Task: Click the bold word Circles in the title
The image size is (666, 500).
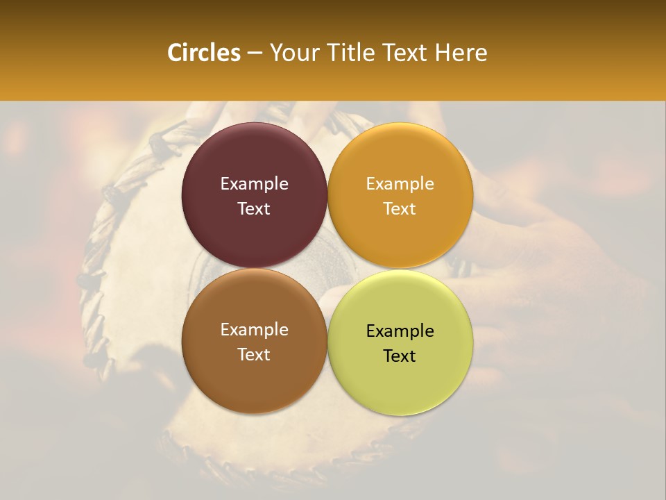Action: coord(203,53)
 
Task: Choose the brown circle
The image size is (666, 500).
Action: coord(254,375)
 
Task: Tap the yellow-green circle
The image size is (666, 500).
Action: coord(400,378)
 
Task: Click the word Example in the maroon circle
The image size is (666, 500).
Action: coord(254,184)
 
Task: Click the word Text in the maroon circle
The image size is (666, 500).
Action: coord(254,209)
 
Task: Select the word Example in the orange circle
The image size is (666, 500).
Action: coord(400,184)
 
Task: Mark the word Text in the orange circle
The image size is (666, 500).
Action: coord(400,209)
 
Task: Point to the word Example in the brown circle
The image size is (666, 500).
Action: coord(254,330)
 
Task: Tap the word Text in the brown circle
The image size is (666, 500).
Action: coord(254,355)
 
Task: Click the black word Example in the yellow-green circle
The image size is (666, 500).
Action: coord(400,331)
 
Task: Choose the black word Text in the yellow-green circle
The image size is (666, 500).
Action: coord(400,356)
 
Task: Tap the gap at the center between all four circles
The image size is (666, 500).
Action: coord(327,269)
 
